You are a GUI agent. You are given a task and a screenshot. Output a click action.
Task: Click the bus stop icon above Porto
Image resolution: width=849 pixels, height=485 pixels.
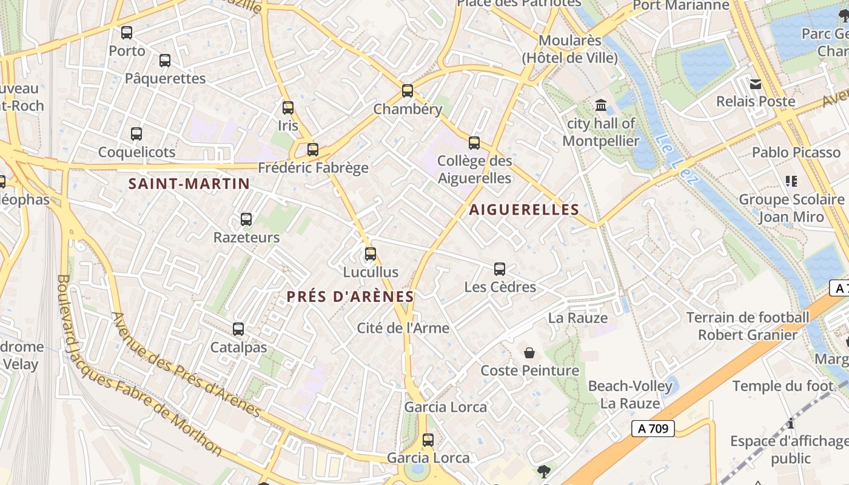click(127, 33)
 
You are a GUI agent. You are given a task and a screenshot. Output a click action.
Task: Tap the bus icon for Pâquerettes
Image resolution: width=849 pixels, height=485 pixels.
click(165, 61)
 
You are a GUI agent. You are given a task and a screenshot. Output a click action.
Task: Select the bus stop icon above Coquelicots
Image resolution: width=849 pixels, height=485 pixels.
click(136, 134)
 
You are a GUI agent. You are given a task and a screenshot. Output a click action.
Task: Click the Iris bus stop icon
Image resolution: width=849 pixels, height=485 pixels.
click(288, 108)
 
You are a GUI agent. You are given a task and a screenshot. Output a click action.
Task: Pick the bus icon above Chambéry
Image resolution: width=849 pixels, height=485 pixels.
click(408, 91)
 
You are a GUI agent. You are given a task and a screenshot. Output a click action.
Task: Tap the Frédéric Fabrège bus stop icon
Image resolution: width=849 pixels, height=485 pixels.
click(313, 149)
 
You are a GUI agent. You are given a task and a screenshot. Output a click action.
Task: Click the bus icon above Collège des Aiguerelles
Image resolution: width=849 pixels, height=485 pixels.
click(474, 143)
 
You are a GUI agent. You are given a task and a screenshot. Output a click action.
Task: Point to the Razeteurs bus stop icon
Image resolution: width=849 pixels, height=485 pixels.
click(246, 219)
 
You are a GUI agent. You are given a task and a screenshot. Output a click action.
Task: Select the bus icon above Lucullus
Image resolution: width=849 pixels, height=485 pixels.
click(371, 254)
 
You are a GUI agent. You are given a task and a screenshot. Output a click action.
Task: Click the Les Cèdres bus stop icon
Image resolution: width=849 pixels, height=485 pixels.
click(500, 269)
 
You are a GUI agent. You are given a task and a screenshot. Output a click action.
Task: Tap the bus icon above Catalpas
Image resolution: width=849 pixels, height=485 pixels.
click(238, 329)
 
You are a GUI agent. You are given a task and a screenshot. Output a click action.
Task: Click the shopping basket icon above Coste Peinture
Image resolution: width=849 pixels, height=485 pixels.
click(529, 353)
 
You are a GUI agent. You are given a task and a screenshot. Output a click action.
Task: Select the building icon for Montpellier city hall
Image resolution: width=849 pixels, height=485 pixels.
click(601, 105)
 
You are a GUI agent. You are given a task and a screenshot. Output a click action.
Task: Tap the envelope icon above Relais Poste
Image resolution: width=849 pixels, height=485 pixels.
click(756, 84)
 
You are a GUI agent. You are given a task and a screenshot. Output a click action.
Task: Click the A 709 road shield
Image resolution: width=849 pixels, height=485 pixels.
click(653, 429)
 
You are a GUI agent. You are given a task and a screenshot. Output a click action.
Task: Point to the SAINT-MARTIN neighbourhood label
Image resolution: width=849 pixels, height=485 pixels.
click(189, 184)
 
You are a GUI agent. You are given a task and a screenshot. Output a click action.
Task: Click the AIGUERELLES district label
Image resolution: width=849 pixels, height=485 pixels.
click(524, 210)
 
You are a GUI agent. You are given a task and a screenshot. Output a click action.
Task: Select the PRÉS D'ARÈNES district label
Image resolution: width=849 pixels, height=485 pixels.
click(351, 296)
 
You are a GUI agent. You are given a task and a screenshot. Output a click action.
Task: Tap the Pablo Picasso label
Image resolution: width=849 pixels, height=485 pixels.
click(796, 152)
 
